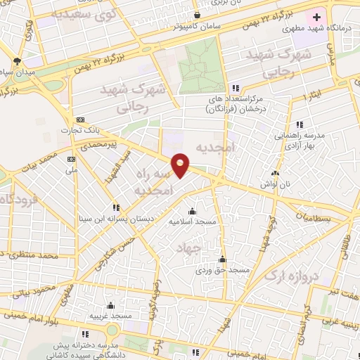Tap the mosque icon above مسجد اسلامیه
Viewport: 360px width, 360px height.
193,211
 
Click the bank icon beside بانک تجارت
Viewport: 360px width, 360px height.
79,120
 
